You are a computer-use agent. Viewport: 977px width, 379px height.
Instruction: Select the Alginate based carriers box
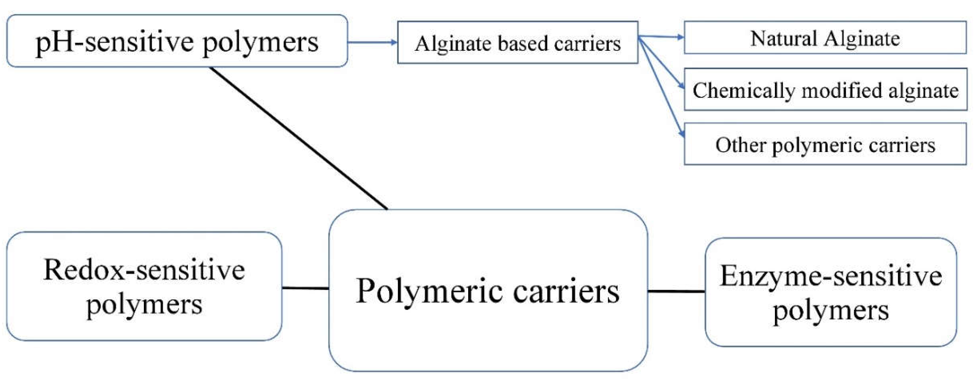[517, 42]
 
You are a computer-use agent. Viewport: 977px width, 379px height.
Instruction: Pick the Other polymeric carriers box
[825, 144]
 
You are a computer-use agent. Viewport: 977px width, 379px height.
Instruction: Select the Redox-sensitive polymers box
[144, 286]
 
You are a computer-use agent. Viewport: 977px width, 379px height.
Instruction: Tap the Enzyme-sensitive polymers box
[830, 292]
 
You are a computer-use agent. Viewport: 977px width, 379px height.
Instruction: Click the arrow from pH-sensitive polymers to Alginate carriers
[372, 42]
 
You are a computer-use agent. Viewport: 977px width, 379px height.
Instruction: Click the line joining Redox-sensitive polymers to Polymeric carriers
[305, 288]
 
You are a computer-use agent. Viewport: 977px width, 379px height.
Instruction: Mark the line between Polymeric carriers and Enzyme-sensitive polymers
[676, 291]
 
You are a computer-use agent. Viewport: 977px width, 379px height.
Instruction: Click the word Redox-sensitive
[144, 270]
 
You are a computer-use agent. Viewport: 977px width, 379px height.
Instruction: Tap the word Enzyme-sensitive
[830, 276]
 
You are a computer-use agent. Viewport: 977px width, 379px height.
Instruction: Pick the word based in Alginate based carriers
[524, 43]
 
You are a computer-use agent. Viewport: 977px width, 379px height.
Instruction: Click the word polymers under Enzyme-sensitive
[830, 310]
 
